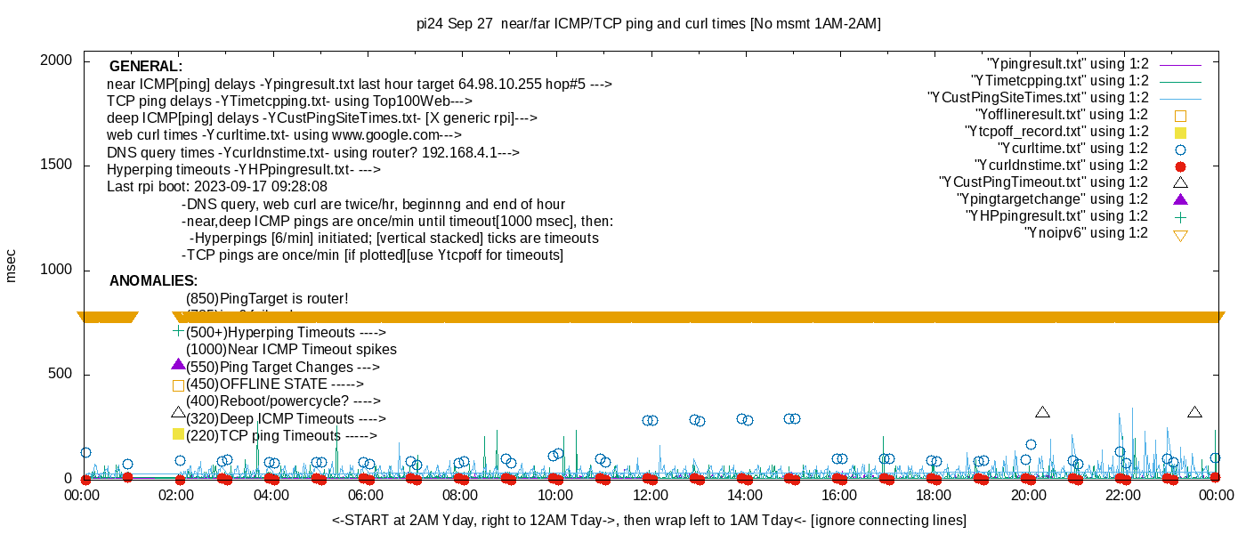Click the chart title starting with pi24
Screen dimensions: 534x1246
click(649, 24)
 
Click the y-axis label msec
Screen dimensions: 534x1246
click(12, 266)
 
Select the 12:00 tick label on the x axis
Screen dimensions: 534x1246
click(650, 495)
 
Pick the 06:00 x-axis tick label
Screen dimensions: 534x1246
click(366, 495)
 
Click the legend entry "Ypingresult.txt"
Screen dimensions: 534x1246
click(1067, 64)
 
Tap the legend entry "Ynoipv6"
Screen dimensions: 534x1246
click(1086, 233)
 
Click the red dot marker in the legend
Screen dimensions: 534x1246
click(1181, 166)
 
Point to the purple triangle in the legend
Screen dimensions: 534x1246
click(1181, 199)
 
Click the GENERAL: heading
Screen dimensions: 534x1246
click(146, 67)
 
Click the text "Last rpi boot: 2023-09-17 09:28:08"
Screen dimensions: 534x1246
click(217, 187)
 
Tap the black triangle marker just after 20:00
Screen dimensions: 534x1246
click(1042, 412)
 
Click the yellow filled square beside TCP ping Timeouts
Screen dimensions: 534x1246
click(178, 434)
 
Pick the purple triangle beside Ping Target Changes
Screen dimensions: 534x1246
click(178, 365)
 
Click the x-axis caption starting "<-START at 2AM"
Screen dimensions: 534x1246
click(649, 520)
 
